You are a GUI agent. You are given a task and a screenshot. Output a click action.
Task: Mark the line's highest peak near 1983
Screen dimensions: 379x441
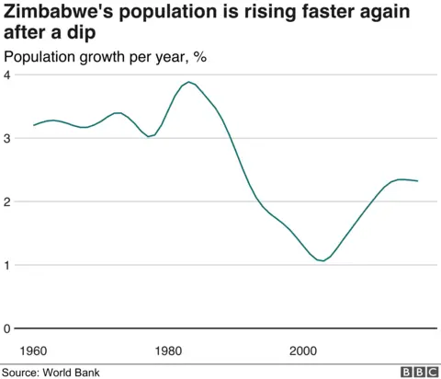[x=189, y=82]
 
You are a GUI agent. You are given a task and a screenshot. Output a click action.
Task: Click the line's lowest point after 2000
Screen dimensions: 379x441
[x=322, y=261]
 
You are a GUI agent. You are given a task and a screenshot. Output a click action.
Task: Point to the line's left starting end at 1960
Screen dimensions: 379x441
[x=34, y=125]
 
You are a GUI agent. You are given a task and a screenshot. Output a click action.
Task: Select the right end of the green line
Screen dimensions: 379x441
[x=417, y=181]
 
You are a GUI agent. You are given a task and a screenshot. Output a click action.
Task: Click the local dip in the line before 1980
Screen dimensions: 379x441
[x=150, y=136]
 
